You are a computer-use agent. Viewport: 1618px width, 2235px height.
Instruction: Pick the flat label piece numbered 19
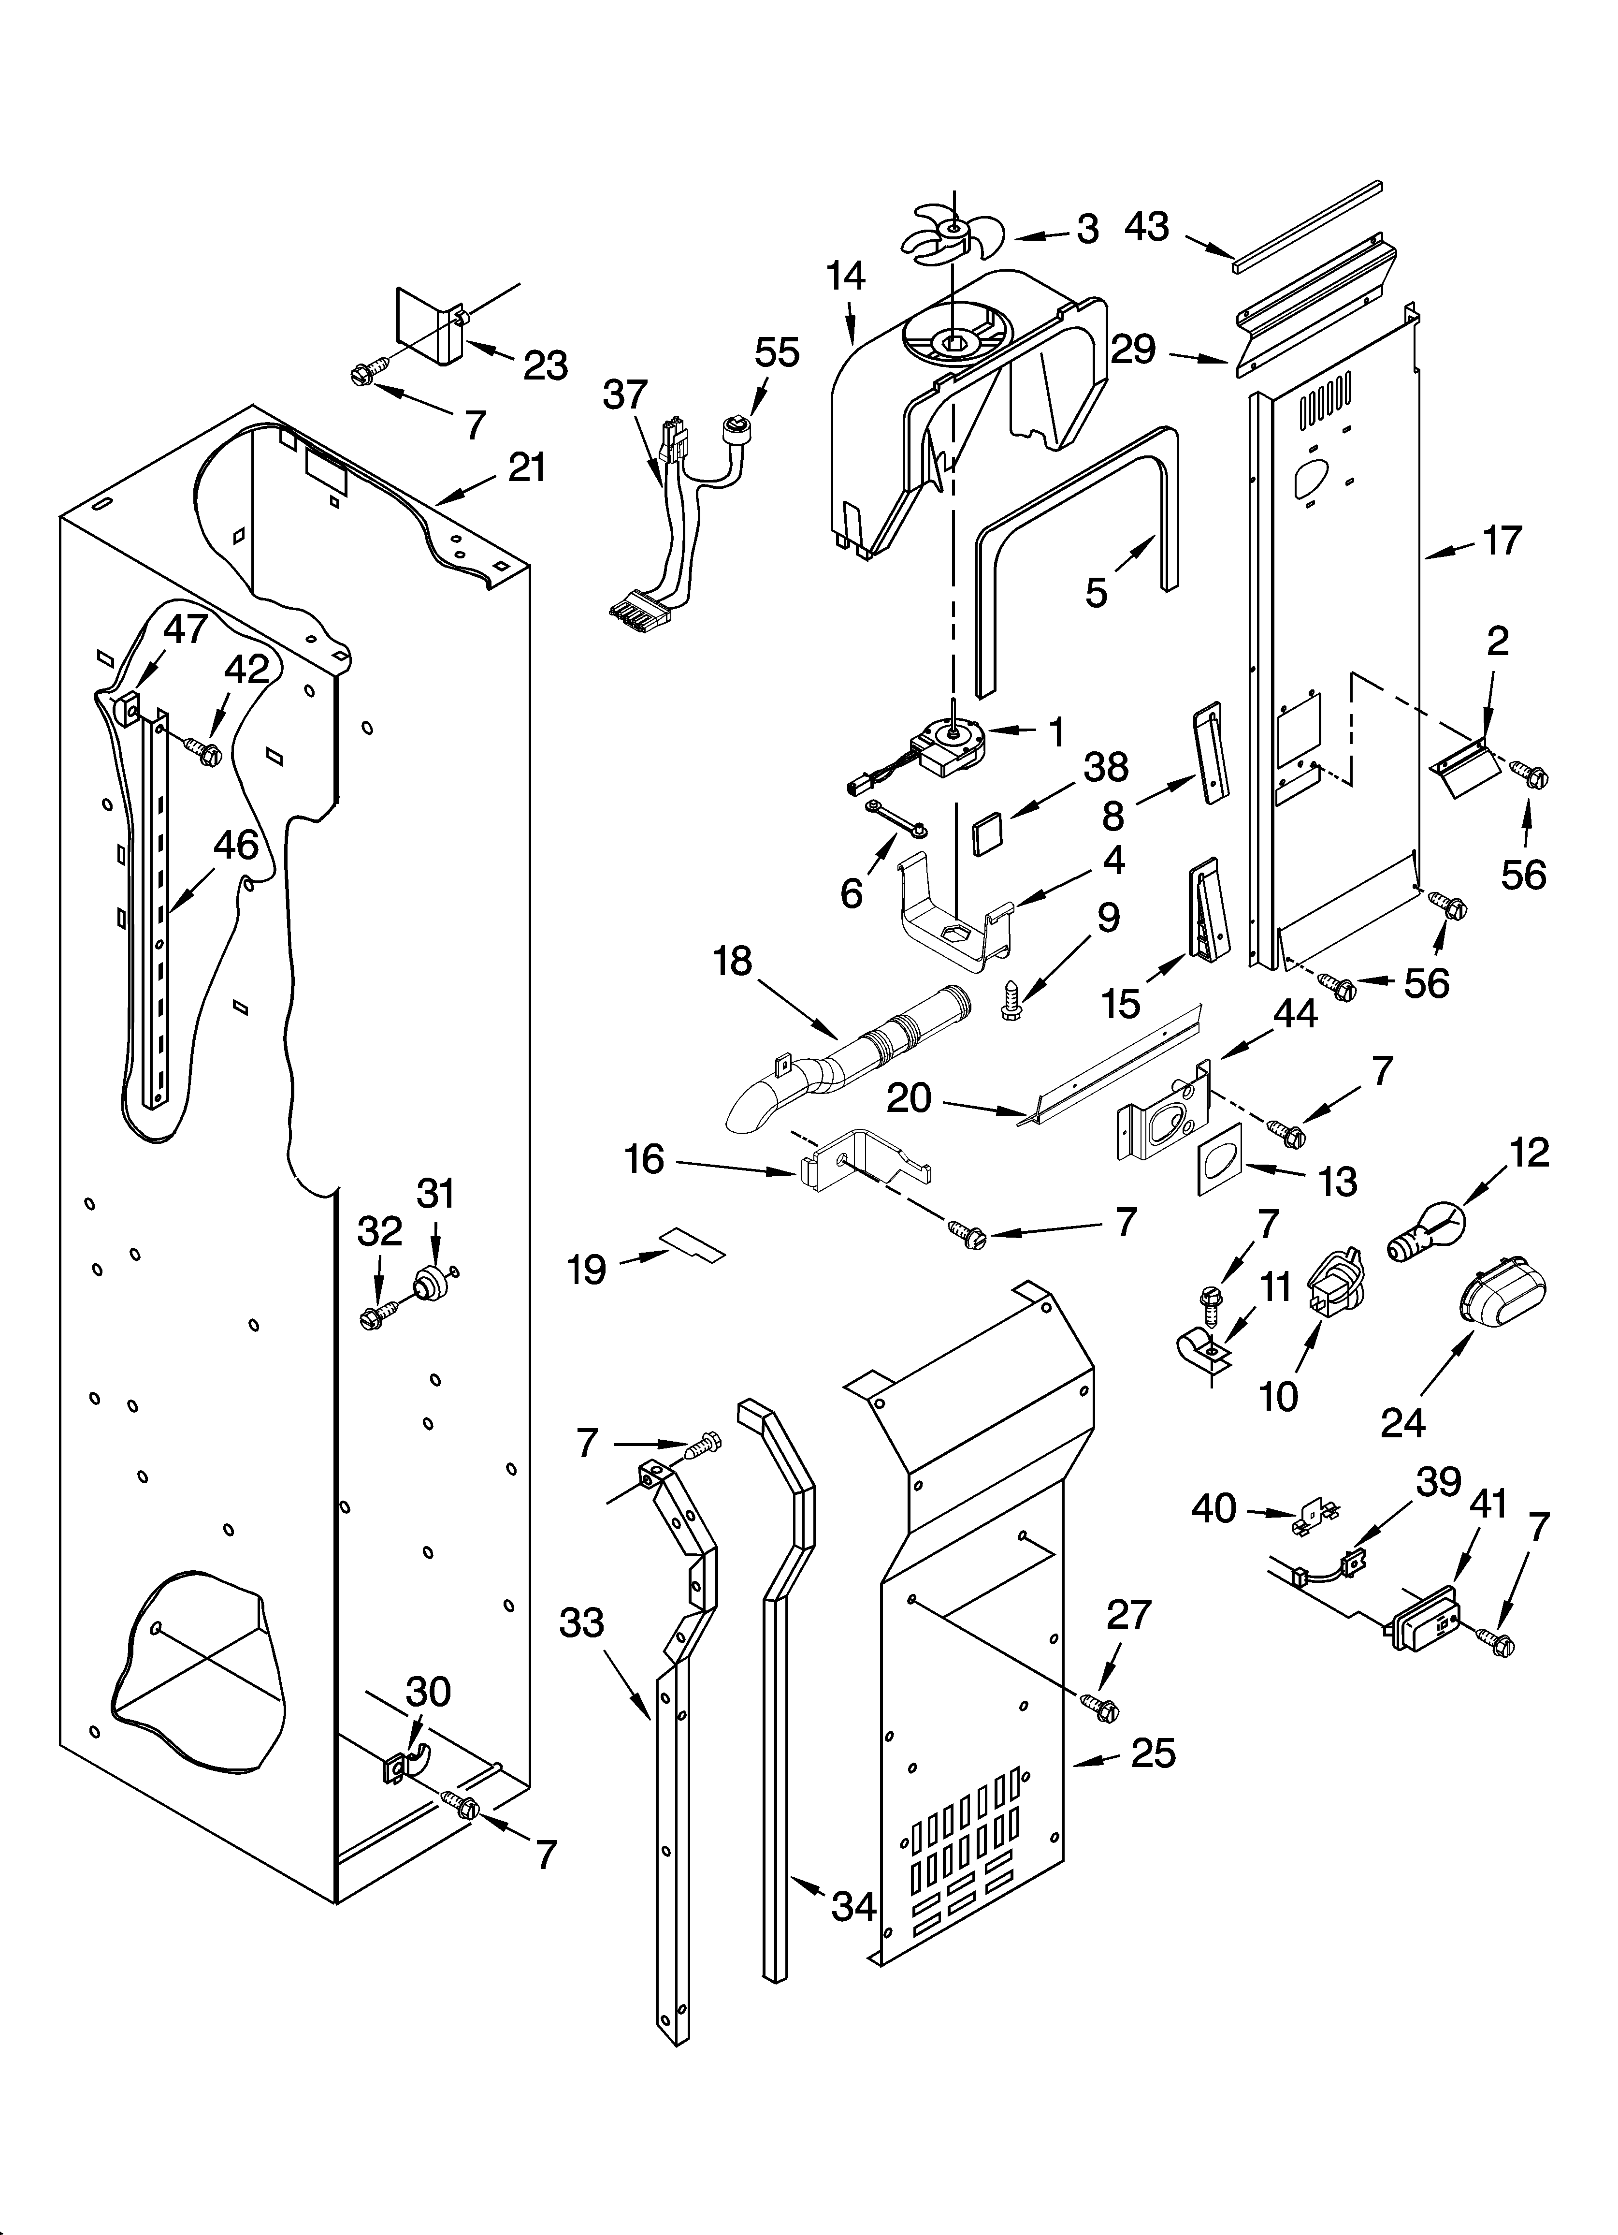(694, 1243)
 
